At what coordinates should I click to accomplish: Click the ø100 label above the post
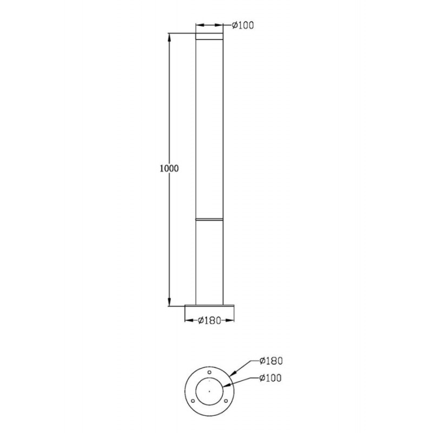pyautogui.click(x=242, y=25)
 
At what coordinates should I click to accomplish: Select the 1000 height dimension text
pyautogui.click(x=169, y=168)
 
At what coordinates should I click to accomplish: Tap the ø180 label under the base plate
pyautogui.click(x=209, y=320)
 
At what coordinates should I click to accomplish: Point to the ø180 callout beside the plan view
pyautogui.click(x=271, y=360)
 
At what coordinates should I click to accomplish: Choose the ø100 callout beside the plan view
pyautogui.click(x=271, y=377)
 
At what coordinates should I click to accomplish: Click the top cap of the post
pyautogui.click(x=209, y=36)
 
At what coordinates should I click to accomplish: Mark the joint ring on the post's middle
pyautogui.click(x=209, y=220)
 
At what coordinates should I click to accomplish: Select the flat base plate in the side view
pyautogui.click(x=209, y=306)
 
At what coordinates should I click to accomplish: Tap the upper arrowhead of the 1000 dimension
pyautogui.click(x=169, y=38)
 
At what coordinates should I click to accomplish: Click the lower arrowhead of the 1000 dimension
pyautogui.click(x=169, y=302)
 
